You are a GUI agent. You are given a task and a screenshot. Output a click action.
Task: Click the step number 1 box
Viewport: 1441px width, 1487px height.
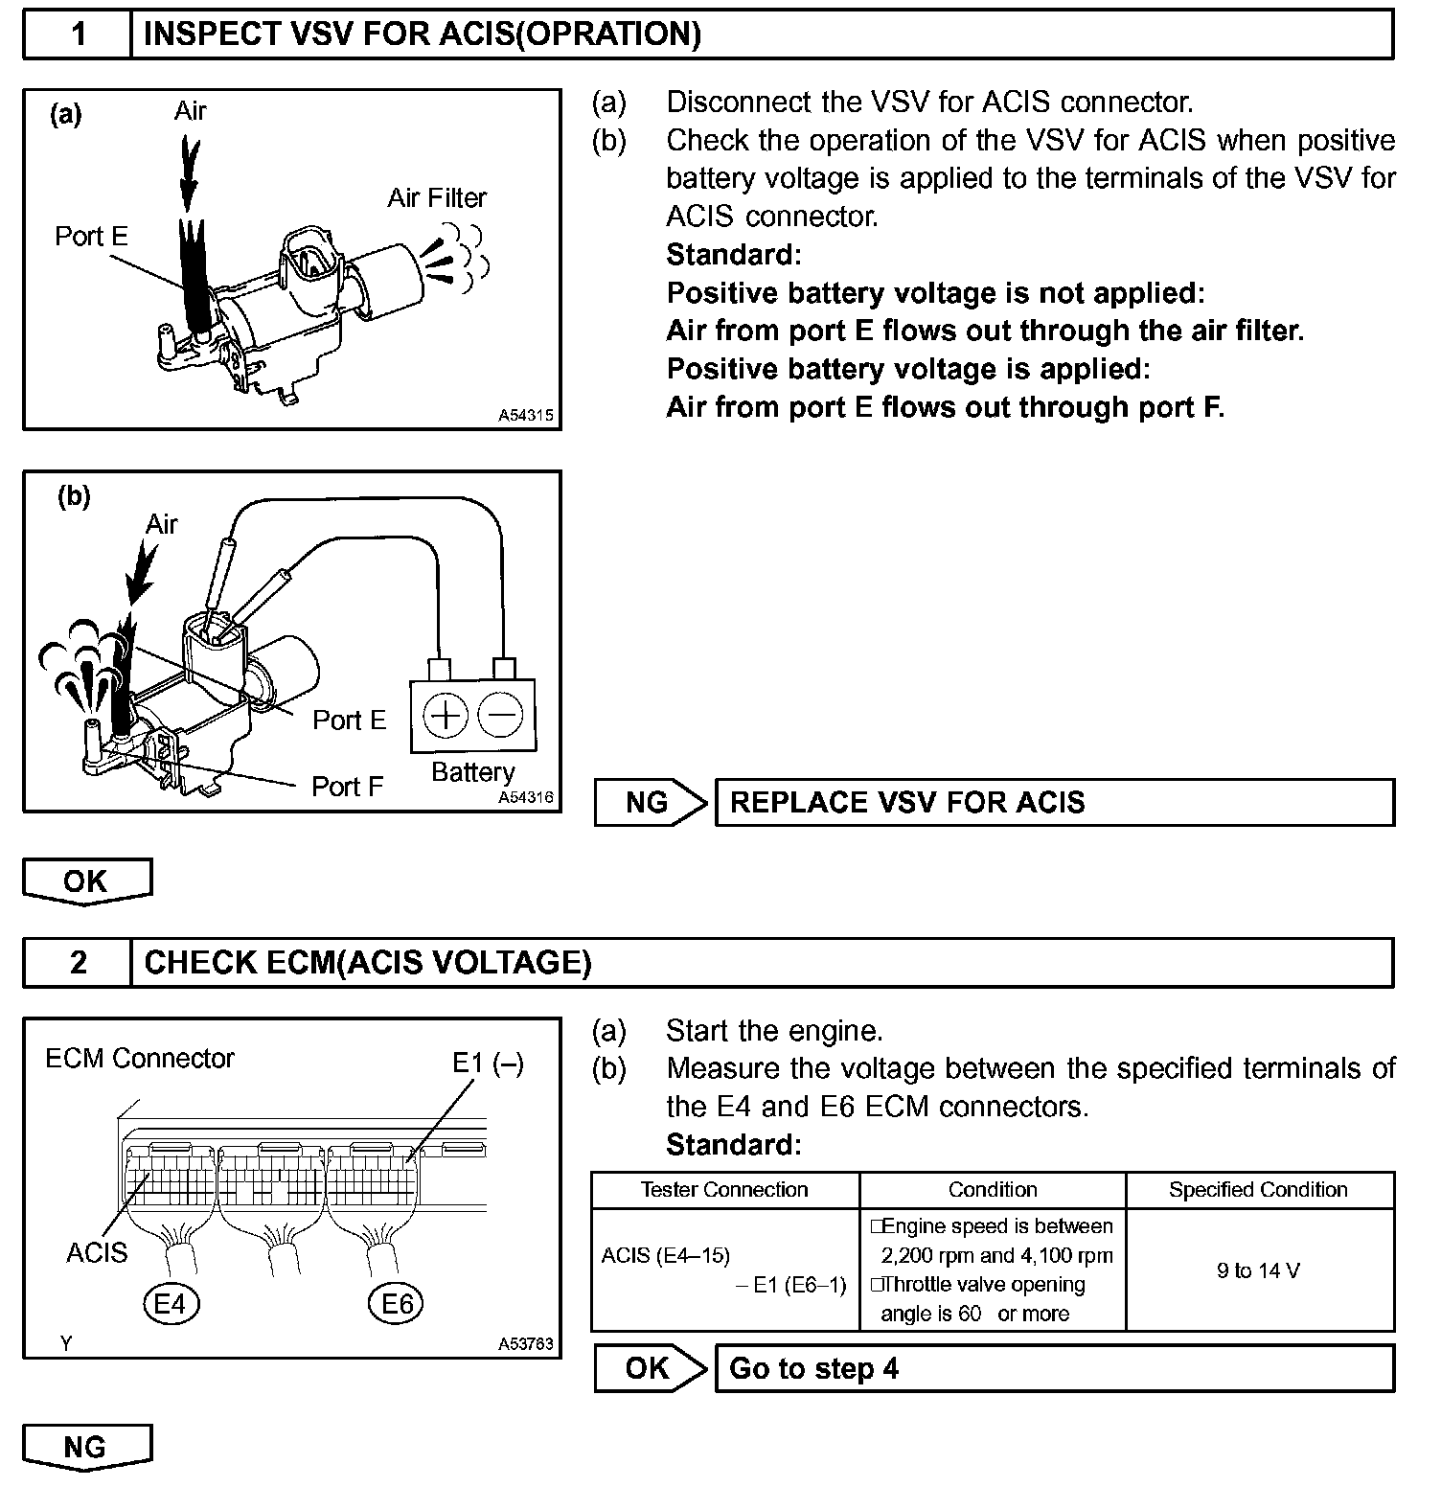pyautogui.click(x=78, y=34)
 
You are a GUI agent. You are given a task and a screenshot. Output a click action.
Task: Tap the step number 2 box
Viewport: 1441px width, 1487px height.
pyautogui.click(x=78, y=962)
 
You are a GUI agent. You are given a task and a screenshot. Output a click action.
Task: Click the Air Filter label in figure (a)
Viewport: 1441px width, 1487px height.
pyautogui.click(x=437, y=198)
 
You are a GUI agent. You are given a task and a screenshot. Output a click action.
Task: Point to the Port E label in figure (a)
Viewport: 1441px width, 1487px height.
pyautogui.click(x=91, y=237)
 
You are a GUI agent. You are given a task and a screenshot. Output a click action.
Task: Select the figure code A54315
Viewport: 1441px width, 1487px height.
pyautogui.click(x=526, y=417)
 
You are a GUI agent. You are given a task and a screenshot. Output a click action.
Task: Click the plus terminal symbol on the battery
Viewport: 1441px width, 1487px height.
pyautogui.click(x=445, y=715)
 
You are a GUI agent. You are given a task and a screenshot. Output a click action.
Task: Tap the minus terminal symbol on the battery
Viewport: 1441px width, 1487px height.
pyautogui.click(x=500, y=715)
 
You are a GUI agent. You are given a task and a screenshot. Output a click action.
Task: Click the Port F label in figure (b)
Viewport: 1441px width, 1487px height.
pyautogui.click(x=347, y=787)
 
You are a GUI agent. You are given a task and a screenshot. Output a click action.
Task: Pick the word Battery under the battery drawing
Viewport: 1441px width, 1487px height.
pyautogui.click(x=472, y=772)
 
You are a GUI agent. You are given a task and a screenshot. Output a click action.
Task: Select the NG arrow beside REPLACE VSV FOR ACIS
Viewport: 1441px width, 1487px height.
pyautogui.click(x=650, y=802)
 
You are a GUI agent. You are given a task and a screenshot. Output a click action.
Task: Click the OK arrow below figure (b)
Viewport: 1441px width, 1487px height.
pyautogui.click(x=86, y=881)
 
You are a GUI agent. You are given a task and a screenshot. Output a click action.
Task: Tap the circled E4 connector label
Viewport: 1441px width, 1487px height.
pyautogui.click(x=170, y=1303)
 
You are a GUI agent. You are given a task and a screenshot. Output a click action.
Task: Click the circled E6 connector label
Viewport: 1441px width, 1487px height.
pyautogui.click(x=397, y=1303)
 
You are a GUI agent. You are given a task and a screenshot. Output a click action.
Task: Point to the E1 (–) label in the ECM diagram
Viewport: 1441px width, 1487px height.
pyautogui.click(x=488, y=1064)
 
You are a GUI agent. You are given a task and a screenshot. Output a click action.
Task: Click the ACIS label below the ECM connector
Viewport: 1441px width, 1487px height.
pyautogui.click(x=97, y=1252)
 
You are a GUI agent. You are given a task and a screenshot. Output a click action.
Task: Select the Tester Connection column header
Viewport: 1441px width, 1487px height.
pyautogui.click(x=724, y=1190)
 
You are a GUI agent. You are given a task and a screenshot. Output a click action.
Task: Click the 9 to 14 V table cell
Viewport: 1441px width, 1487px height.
pyautogui.click(x=1259, y=1270)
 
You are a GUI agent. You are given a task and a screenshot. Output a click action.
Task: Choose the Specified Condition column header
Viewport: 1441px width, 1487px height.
pyautogui.click(x=1258, y=1190)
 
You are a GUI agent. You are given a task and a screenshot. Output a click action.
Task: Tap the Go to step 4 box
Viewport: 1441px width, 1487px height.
pyautogui.click(x=1054, y=1368)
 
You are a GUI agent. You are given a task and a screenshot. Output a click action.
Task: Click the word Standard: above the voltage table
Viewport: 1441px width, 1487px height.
pyautogui.click(x=733, y=1145)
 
